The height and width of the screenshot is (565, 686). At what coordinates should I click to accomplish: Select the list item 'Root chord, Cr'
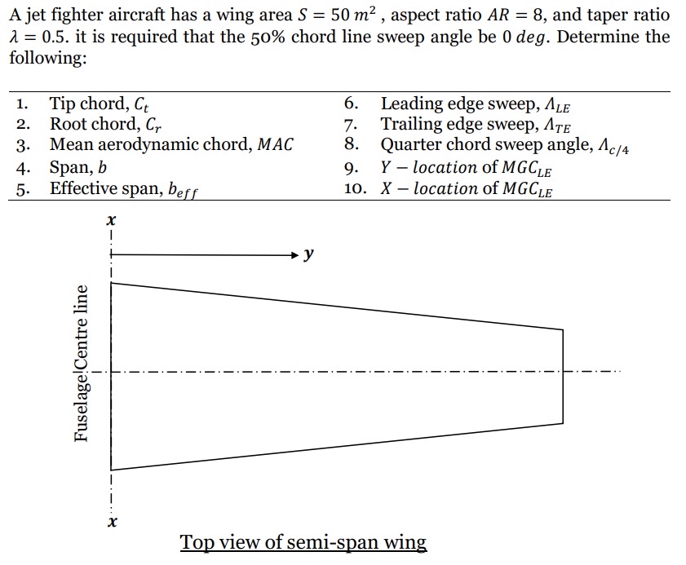point(102,125)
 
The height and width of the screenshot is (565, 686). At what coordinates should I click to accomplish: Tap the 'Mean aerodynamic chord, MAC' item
point(170,145)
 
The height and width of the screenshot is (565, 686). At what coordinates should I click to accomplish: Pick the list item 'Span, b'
point(78,167)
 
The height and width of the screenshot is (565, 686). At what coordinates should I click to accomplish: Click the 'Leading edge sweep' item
point(481,104)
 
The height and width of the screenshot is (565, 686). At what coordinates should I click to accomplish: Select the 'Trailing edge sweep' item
point(481,125)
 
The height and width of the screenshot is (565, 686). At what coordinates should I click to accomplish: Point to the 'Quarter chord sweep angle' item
point(506,146)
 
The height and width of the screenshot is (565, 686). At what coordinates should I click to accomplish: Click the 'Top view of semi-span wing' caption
point(303,542)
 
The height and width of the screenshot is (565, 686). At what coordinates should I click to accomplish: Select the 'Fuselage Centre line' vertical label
point(81,363)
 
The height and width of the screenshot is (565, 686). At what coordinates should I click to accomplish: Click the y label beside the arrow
point(308,255)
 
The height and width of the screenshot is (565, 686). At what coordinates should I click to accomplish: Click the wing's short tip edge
point(563,376)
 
